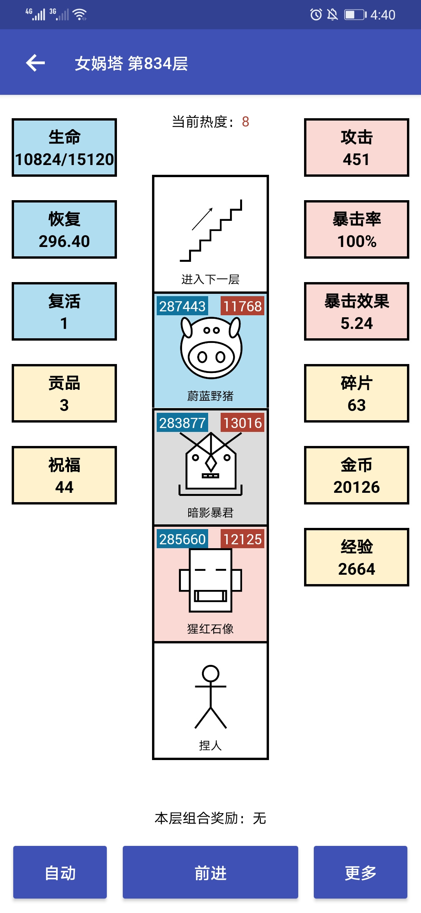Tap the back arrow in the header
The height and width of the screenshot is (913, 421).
[x=35, y=63]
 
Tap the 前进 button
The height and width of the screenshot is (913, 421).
[x=210, y=872]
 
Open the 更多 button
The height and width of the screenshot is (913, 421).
[x=361, y=872]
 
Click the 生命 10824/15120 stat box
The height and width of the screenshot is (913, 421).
[x=64, y=147]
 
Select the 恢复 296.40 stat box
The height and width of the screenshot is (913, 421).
[x=64, y=229]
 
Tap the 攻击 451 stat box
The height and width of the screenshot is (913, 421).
[x=357, y=147]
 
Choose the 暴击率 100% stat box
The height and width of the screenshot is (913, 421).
[x=357, y=229]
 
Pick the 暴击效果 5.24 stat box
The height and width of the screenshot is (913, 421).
[x=357, y=311]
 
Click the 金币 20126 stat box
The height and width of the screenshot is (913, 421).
[x=357, y=475]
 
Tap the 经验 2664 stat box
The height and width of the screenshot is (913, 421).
[x=357, y=557]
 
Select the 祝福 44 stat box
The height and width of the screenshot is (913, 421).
[x=64, y=475]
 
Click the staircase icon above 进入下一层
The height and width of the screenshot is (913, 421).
[x=211, y=230]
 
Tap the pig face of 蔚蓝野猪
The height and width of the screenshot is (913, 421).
[x=211, y=347]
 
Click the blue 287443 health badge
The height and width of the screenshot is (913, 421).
[x=182, y=306]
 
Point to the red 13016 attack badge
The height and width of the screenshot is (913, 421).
[x=242, y=423]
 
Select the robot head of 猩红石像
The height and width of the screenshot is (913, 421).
[x=210, y=580]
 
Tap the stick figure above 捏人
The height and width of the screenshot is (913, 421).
[x=210, y=697]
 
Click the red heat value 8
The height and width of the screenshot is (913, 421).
[x=246, y=122]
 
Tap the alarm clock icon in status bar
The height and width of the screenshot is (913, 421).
[x=316, y=14]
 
